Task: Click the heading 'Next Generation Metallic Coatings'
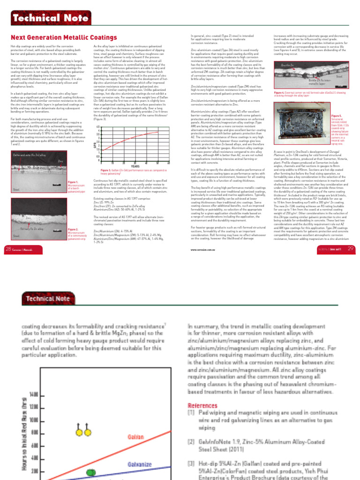[64, 37]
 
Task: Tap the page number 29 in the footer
[351, 248]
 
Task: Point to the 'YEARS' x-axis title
[135, 166]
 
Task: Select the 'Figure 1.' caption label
[73, 182]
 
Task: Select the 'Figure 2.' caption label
[73, 229]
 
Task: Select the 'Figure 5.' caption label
[337, 115]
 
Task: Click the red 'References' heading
[202, 405]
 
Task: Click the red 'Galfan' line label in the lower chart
[136, 436]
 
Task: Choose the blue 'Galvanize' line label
[141, 465]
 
